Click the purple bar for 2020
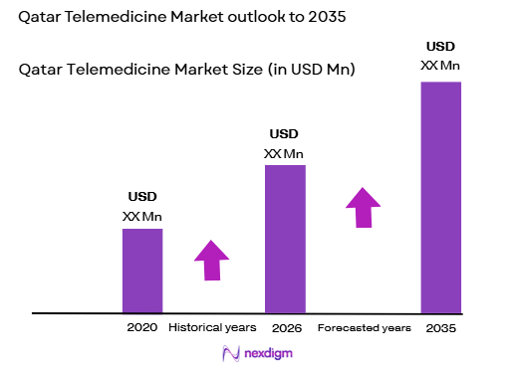(141, 271)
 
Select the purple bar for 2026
(284, 239)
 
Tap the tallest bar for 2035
(441, 197)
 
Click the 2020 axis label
(142, 327)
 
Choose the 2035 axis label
(441, 328)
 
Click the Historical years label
(212, 327)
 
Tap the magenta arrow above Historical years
(212, 262)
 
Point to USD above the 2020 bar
(142, 196)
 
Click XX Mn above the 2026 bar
(284, 153)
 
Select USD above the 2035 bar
(441, 46)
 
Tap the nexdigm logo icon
(232, 352)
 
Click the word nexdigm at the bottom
(267, 353)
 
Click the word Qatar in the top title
(41, 18)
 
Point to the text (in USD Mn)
(308, 70)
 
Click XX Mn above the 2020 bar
(142, 216)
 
